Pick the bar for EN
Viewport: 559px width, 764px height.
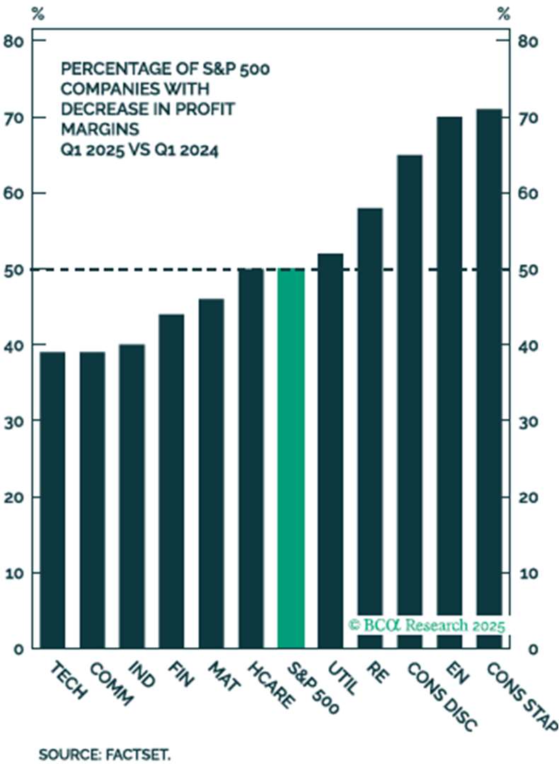click(449, 382)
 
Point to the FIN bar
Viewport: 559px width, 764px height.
click(172, 481)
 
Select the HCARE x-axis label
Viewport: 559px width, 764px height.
click(270, 685)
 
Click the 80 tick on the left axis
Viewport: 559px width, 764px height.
click(17, 41)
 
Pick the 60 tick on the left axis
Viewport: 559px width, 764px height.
click(17, 193)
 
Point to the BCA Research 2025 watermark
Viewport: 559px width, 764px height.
click(426, 625)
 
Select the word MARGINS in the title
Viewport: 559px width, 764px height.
click(91, 130)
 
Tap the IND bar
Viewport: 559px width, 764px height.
click(132, 496)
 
